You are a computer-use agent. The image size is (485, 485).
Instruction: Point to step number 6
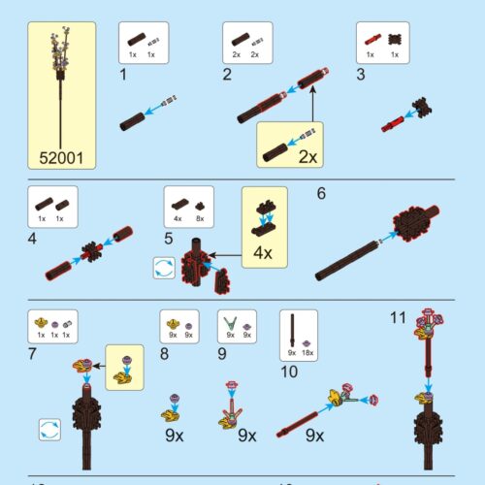pyautogui.click(x=321, y=192)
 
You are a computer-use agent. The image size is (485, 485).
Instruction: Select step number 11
pyautogui.click(x=396, y=317)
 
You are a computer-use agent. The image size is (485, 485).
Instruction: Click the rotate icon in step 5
pyautogui.click(x=163, y=268)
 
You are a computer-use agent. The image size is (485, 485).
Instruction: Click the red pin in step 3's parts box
pyautogui.click(x=371, y=41)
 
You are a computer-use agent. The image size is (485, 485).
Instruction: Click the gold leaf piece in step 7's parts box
pyautogui.click(x=42, y=322)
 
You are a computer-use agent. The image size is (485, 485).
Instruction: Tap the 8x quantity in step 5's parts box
pyautogui.click(x=198, y=219)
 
